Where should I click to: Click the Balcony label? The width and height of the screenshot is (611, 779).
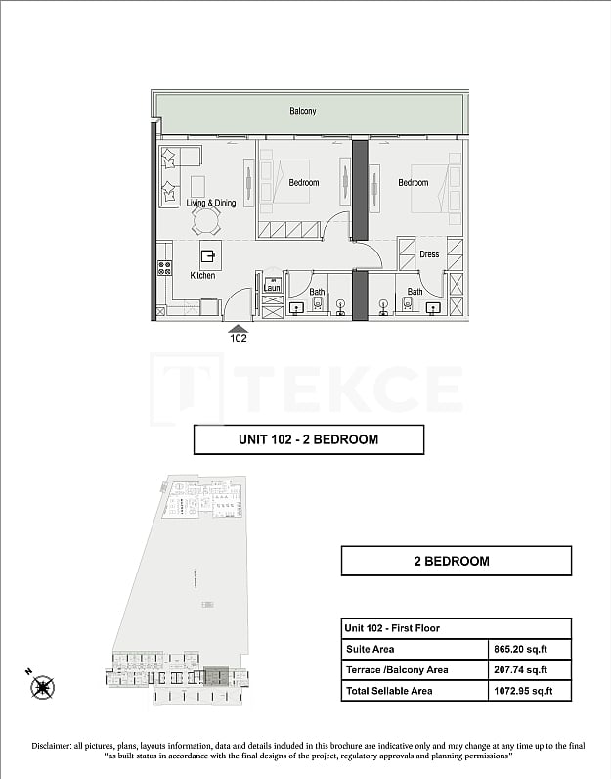[x=302, y=111]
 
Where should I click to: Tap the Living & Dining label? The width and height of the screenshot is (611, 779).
[x=211, y=203]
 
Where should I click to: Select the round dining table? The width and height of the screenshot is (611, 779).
[x=206, y=217]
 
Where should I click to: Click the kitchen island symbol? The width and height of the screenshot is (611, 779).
[x=208, y=256]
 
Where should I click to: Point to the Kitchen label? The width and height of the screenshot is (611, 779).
[x=202, y=276]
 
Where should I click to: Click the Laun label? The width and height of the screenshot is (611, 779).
[x=272, y=288]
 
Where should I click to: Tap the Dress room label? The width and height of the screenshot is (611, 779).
[x=429, y=254]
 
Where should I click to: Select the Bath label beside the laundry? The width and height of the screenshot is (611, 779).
[x=317, y=291]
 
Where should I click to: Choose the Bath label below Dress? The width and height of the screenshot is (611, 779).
[x=415, y=291]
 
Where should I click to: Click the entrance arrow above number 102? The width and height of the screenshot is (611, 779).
[x=238, y=328]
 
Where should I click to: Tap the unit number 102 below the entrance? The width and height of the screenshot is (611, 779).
[x=238, y=339]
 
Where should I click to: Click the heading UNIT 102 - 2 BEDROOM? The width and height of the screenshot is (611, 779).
[x=308, y=439]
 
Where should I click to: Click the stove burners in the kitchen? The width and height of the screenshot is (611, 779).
[x=164, y=266]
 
